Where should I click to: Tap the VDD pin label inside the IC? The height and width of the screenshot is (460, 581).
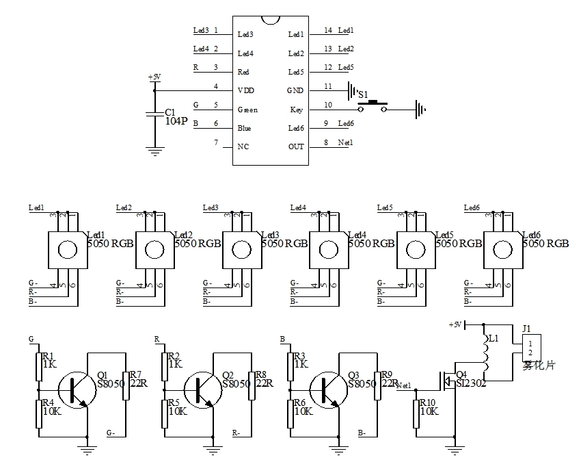pyautogui.click(x=245, y=90)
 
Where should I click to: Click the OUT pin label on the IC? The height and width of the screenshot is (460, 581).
pyautogui.click(x=296, y=146)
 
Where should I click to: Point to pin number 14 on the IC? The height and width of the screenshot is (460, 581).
pyautogui.click(x=328, y=31)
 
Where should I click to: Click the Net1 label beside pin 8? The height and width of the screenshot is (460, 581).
pyautogui.click(x=346, y=142)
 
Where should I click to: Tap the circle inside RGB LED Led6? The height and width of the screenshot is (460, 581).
pyautogui.click(x=503, y=249)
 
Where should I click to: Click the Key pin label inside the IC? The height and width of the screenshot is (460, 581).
pyautogui.click(x=297, y=110)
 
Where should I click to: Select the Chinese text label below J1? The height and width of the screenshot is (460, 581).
pyautogui.click(x=540, y=366)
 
